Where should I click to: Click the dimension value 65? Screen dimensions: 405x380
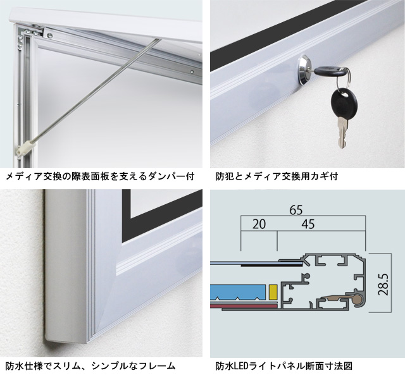[296, 210]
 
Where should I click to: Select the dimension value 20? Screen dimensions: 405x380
[259, 224]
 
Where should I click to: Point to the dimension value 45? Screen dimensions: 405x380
[308, 224]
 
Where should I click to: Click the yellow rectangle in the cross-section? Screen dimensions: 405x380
[273, 293]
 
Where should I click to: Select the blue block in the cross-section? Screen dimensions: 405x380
[238, 293]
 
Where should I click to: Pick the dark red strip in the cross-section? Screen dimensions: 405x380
[244, 307]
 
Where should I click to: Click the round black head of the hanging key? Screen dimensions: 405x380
[344, 101]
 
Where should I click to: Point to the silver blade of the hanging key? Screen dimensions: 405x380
[343, 132]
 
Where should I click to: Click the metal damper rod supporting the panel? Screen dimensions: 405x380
[94, 90]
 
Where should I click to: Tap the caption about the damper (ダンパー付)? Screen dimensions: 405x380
[100, 176]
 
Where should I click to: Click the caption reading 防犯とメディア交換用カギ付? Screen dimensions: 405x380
[277, 176]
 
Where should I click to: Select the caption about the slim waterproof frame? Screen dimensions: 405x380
[90, 366]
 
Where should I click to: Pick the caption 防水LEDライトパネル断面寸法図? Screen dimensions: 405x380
[284, 366]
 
